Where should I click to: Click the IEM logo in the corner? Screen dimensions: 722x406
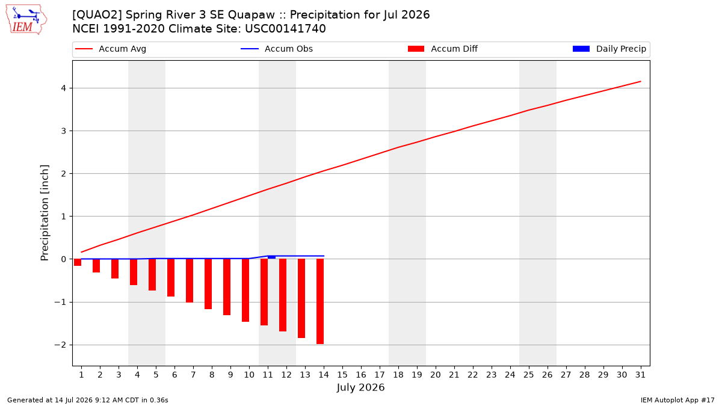pyautogui.click(x=26, y=20)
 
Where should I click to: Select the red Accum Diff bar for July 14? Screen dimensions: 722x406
pyautogui.click(x=320, y=301)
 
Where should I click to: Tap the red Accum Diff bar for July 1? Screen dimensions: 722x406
pyautogui.click(x=78, y=262)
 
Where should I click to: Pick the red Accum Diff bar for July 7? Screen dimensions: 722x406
pyautogui.click(x=190, y=281)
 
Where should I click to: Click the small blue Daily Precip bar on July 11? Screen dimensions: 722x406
pyautogui.click(x=272, y=257)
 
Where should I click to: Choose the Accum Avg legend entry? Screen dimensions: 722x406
pyautogui.click(x=111, y=49)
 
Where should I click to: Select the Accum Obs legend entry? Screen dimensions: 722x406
pyautogui.click(x=277, y=49)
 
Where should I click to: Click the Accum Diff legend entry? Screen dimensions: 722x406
pyautogui.click(x=443, y=49)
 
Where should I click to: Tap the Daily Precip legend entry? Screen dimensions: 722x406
pyautogui.click(x=609, y=49)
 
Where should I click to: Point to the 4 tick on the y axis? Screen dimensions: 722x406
pyautogui.click(x=63, y=88)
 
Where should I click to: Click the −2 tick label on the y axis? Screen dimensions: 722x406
pyautogui.click(x=60, y=345)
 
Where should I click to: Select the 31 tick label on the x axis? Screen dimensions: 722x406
pyautogui.click(x=640, y=375)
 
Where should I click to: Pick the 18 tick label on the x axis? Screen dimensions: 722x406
pyautogui.click(x=398, y=375)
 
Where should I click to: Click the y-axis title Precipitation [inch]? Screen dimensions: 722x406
pyautogui.click(x=45, y=213)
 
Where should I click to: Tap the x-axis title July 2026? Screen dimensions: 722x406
pyautogui.click(x=360, y=387)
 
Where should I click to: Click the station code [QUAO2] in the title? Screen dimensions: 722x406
pyautogui.click(x=97, y=15)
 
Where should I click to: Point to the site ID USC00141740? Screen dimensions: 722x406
pyautogui.click(x=285, y=29)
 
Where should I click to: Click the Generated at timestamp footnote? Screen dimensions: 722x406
pyautogui.click(x=88, y=400)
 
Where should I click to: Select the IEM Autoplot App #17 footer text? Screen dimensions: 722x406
pyautogui.click(x=677, y=400)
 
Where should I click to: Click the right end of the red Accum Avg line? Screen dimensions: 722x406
pyautogui.click(x=640, y=82)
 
